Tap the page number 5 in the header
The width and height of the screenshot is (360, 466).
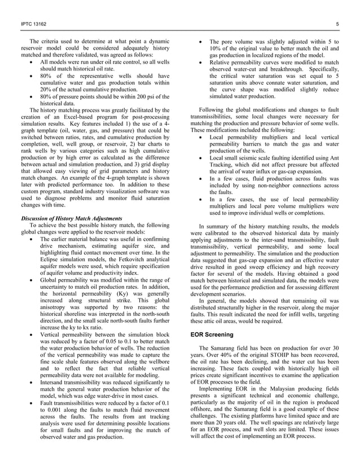tap(336, 23)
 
